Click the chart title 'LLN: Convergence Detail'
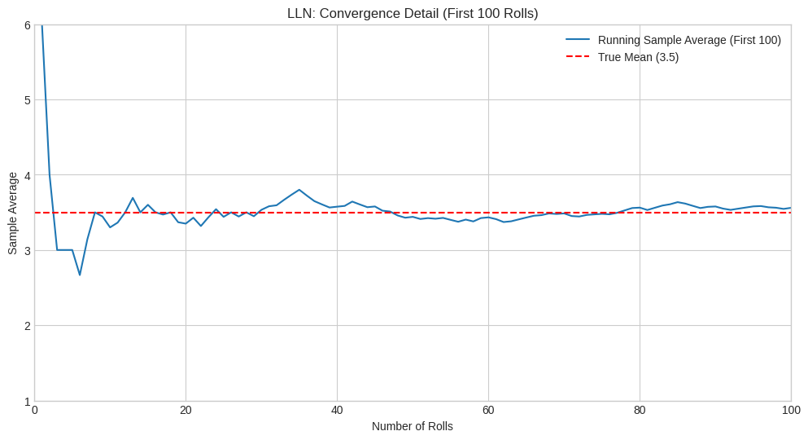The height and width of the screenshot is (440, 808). tap(413, 13)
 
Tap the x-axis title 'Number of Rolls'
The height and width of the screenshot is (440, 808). tap(413, 426)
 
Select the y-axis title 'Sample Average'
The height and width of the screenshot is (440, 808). tap(12, 213)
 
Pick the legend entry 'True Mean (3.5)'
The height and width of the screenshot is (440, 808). tap(638, 57)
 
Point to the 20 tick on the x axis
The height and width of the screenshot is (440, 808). tap(186, 410)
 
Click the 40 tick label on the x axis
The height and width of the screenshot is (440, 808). tap(337, 410)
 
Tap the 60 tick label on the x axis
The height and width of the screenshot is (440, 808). tap(488, 410)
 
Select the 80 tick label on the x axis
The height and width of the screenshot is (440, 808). tap(640, 410)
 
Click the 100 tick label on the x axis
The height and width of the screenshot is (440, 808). tap(791, 410)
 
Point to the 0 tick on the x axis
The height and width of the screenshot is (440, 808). tap(35, 410)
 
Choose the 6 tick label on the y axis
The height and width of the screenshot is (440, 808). tap(27, 25)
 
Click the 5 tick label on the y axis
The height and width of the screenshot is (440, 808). tap(27, 100)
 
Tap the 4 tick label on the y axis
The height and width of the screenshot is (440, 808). tap(27, 175)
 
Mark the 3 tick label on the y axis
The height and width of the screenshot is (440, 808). tap(27, 250)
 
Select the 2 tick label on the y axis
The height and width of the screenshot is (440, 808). tap(27, 326)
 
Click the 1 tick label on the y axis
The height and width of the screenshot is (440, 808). tap(27, 401)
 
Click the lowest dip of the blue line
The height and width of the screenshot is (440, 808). tap(80, 275)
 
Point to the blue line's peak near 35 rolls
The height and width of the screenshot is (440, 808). tap(299, 190)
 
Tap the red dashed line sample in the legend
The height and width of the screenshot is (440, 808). tap(578, 57)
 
